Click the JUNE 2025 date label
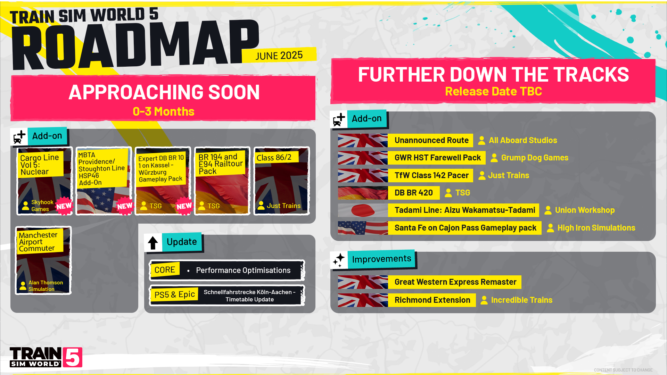pos(279,56)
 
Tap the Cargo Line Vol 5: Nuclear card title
pos(40,165)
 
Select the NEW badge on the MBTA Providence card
pos(125,206)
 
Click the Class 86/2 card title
pos(274,158)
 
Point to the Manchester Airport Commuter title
pos(38,241)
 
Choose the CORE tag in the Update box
pos(165,270)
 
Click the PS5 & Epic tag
pos(174,295)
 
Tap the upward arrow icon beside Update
pos(153,243)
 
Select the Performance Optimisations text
pos(243,270)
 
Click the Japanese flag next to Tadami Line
pos(363,210)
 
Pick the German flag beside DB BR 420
pos(363,193)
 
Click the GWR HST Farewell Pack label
pos(437,158)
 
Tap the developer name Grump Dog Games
pos(535,158)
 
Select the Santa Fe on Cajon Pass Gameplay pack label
pos(465,228)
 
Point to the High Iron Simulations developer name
pos(596,228)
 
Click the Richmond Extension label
pos(432,300)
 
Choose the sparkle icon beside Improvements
pos(339,260)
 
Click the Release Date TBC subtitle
pos(493,91)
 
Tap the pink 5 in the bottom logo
pos(73,357)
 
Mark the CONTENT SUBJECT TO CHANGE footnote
pos(623,370)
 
